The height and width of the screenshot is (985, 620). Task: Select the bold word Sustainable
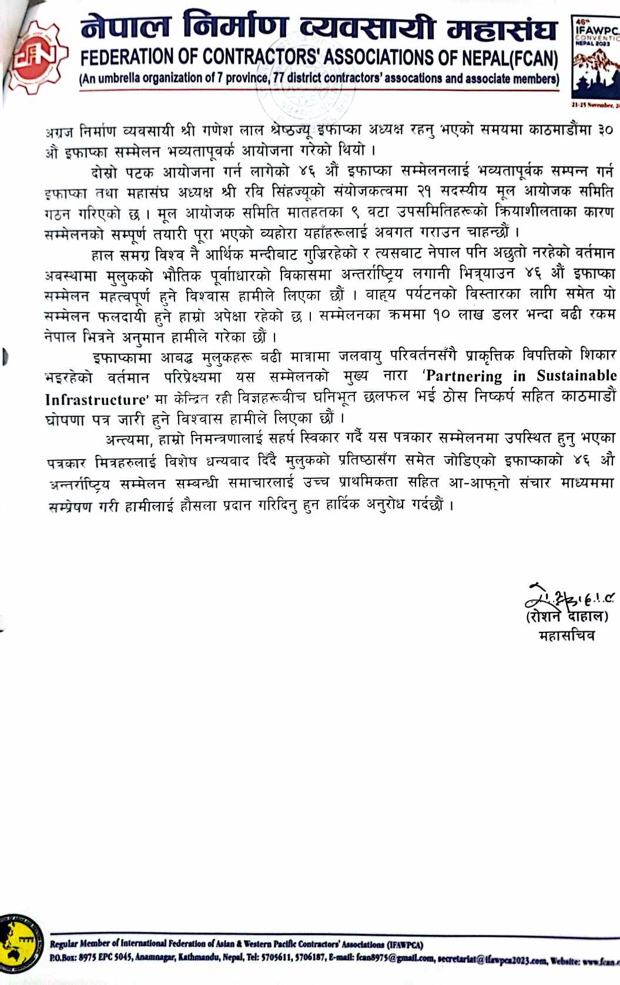(x=576, y=376)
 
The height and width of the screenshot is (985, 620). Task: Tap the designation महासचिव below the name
(x=567, y=635)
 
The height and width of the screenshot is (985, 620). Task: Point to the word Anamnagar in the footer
(x=155, y=959)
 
